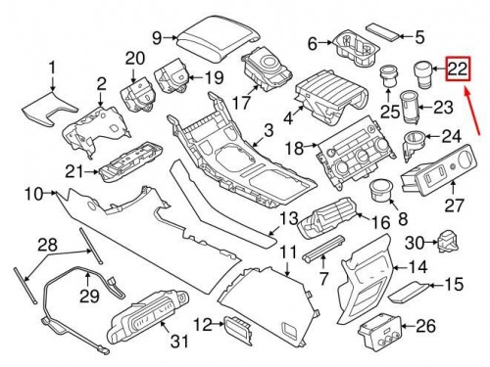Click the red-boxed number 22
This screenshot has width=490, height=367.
coord(458,69)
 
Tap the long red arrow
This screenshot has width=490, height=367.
coord(472,110)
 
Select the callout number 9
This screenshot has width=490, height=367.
coord(157,38)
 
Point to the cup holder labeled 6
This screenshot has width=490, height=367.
coord(356,50)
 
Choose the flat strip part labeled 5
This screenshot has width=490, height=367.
coord(382,32)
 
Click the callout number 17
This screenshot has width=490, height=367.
coord(242,102)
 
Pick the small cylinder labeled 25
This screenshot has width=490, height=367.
coord(388,76)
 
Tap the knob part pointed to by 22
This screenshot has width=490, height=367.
coord(423,74)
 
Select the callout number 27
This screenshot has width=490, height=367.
coord(454,205)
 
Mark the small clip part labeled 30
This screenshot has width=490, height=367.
coord(448,242)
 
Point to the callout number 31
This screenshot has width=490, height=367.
coord(180,341)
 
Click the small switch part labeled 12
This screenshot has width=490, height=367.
coord(238,330)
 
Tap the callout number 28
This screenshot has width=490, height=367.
coord(48,245)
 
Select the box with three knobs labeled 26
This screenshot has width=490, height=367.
coord(379,331)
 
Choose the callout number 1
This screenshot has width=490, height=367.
coord(52,69)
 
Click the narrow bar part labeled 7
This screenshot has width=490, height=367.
coord(323,248)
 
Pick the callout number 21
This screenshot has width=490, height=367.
coord(75,172)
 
